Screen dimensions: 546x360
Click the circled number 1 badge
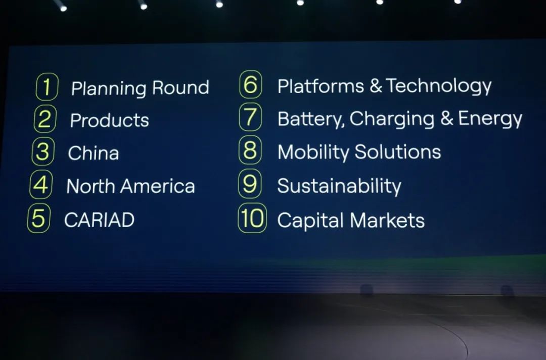pyautogui.click(x=47, y=86)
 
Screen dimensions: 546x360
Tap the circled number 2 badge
pyautogui.click(x=44, y=119)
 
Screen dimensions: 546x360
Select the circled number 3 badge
pyautogui.click(x=42, y=152)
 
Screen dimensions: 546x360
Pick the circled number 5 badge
pyautogui.click(x=38, y=218)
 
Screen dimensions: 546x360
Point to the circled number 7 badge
pyautogui.click(x=250, y=117)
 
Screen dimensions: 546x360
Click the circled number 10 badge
pyautogui.click(x=252, y=218)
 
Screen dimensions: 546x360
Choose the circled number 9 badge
pyautogui.click(x=250, y=184)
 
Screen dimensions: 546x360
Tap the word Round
pyautogui.click(x=180, y=87)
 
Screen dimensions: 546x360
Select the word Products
pyautogui.click(x=109, y=120)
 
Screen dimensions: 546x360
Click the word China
pyautogui.click(x=94, y=153)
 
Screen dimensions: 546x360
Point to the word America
pyautogui.click(x=157, y=186)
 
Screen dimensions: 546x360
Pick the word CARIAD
pyautogui.click(x=99, y=220)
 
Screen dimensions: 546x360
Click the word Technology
pyautogui.click(x=439, y=86)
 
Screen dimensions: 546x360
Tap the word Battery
pyautogui.click(x=310, y=119)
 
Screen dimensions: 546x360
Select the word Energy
pyautogui.click(x=490, y=119)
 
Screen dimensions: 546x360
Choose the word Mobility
pyautogui.click(x=313, y=153)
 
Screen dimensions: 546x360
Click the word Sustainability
pyautogui.click(x=339, y=186)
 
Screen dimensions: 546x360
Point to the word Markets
pyautogui.click(x=387, y=220)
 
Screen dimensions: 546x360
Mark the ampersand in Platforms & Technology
pyautogui.click(x=376, y=86)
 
